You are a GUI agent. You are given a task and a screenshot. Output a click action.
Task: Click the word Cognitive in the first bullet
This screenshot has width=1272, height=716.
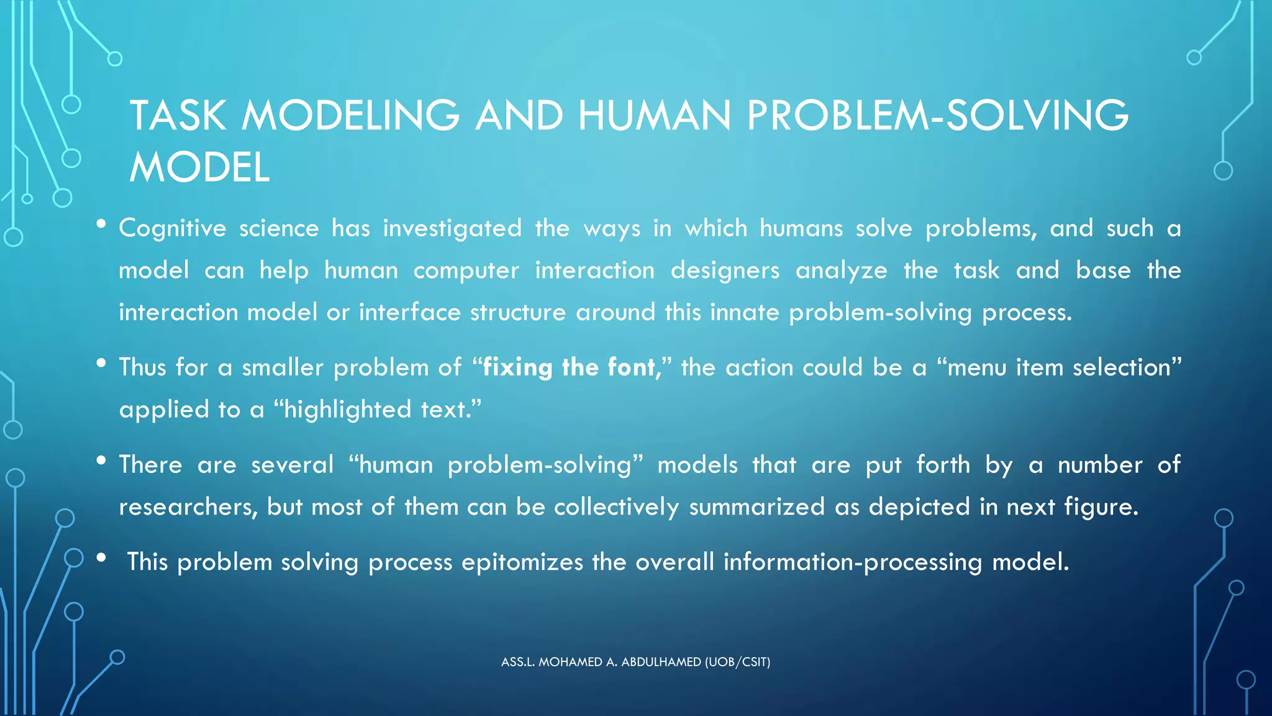(x=172, y=229)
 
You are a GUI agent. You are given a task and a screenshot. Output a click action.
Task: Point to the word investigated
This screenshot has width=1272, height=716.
(x=452, y=229)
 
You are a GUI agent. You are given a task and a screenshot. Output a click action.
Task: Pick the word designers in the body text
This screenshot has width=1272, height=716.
(x=725, y=271)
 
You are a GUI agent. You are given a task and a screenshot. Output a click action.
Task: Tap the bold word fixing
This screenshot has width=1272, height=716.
(x=517, y=368)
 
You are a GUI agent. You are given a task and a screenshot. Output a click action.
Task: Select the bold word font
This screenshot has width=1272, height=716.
(x=630, y=368)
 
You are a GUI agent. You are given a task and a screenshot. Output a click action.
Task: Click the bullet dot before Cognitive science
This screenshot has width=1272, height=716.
(x=101, y=224)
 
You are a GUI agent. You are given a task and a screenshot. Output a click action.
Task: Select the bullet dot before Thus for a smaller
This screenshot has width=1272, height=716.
(x=101, y=363)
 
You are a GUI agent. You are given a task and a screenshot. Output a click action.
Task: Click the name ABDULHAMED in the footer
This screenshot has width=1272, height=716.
(x=661, y=663)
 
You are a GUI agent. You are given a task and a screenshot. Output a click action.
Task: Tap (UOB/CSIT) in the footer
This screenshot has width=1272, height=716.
(x=737, y=663)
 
